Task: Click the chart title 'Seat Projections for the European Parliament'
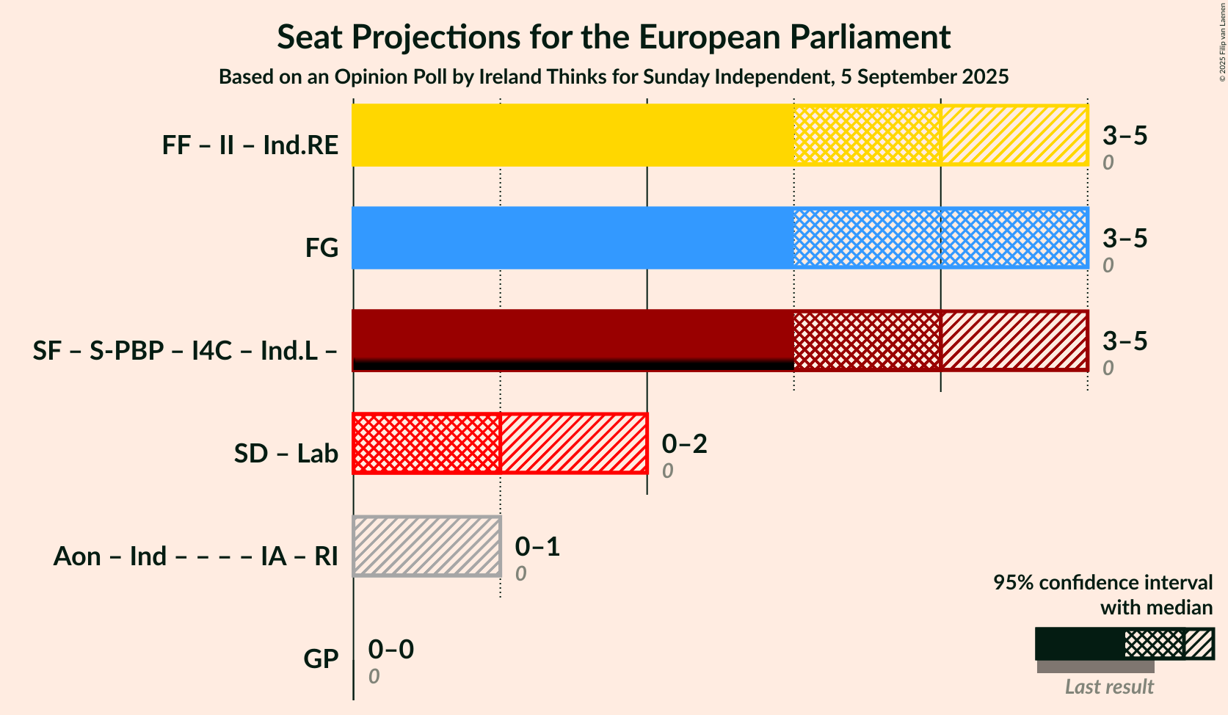point(614,37)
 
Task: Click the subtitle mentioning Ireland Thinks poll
point(614,77)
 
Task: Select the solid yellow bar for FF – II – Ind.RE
point(573,135)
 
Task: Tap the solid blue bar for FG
point(573,238)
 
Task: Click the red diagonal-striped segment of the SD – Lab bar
point(573,443)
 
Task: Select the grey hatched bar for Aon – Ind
point(426,546)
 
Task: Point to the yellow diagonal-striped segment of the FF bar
point(1014,135)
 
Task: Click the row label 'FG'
point(321,248)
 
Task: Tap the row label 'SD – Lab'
point(286,454)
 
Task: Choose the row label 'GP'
point(321,659)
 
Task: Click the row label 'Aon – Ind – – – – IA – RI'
point(195,556)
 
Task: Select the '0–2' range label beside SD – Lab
point(684,443)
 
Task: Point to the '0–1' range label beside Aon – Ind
point(537,546)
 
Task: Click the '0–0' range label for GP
point(390,649)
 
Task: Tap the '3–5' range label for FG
point(1125,238)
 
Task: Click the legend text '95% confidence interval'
point(1102,582)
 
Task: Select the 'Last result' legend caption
point(1109,687)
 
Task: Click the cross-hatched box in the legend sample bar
point(1154,644)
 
